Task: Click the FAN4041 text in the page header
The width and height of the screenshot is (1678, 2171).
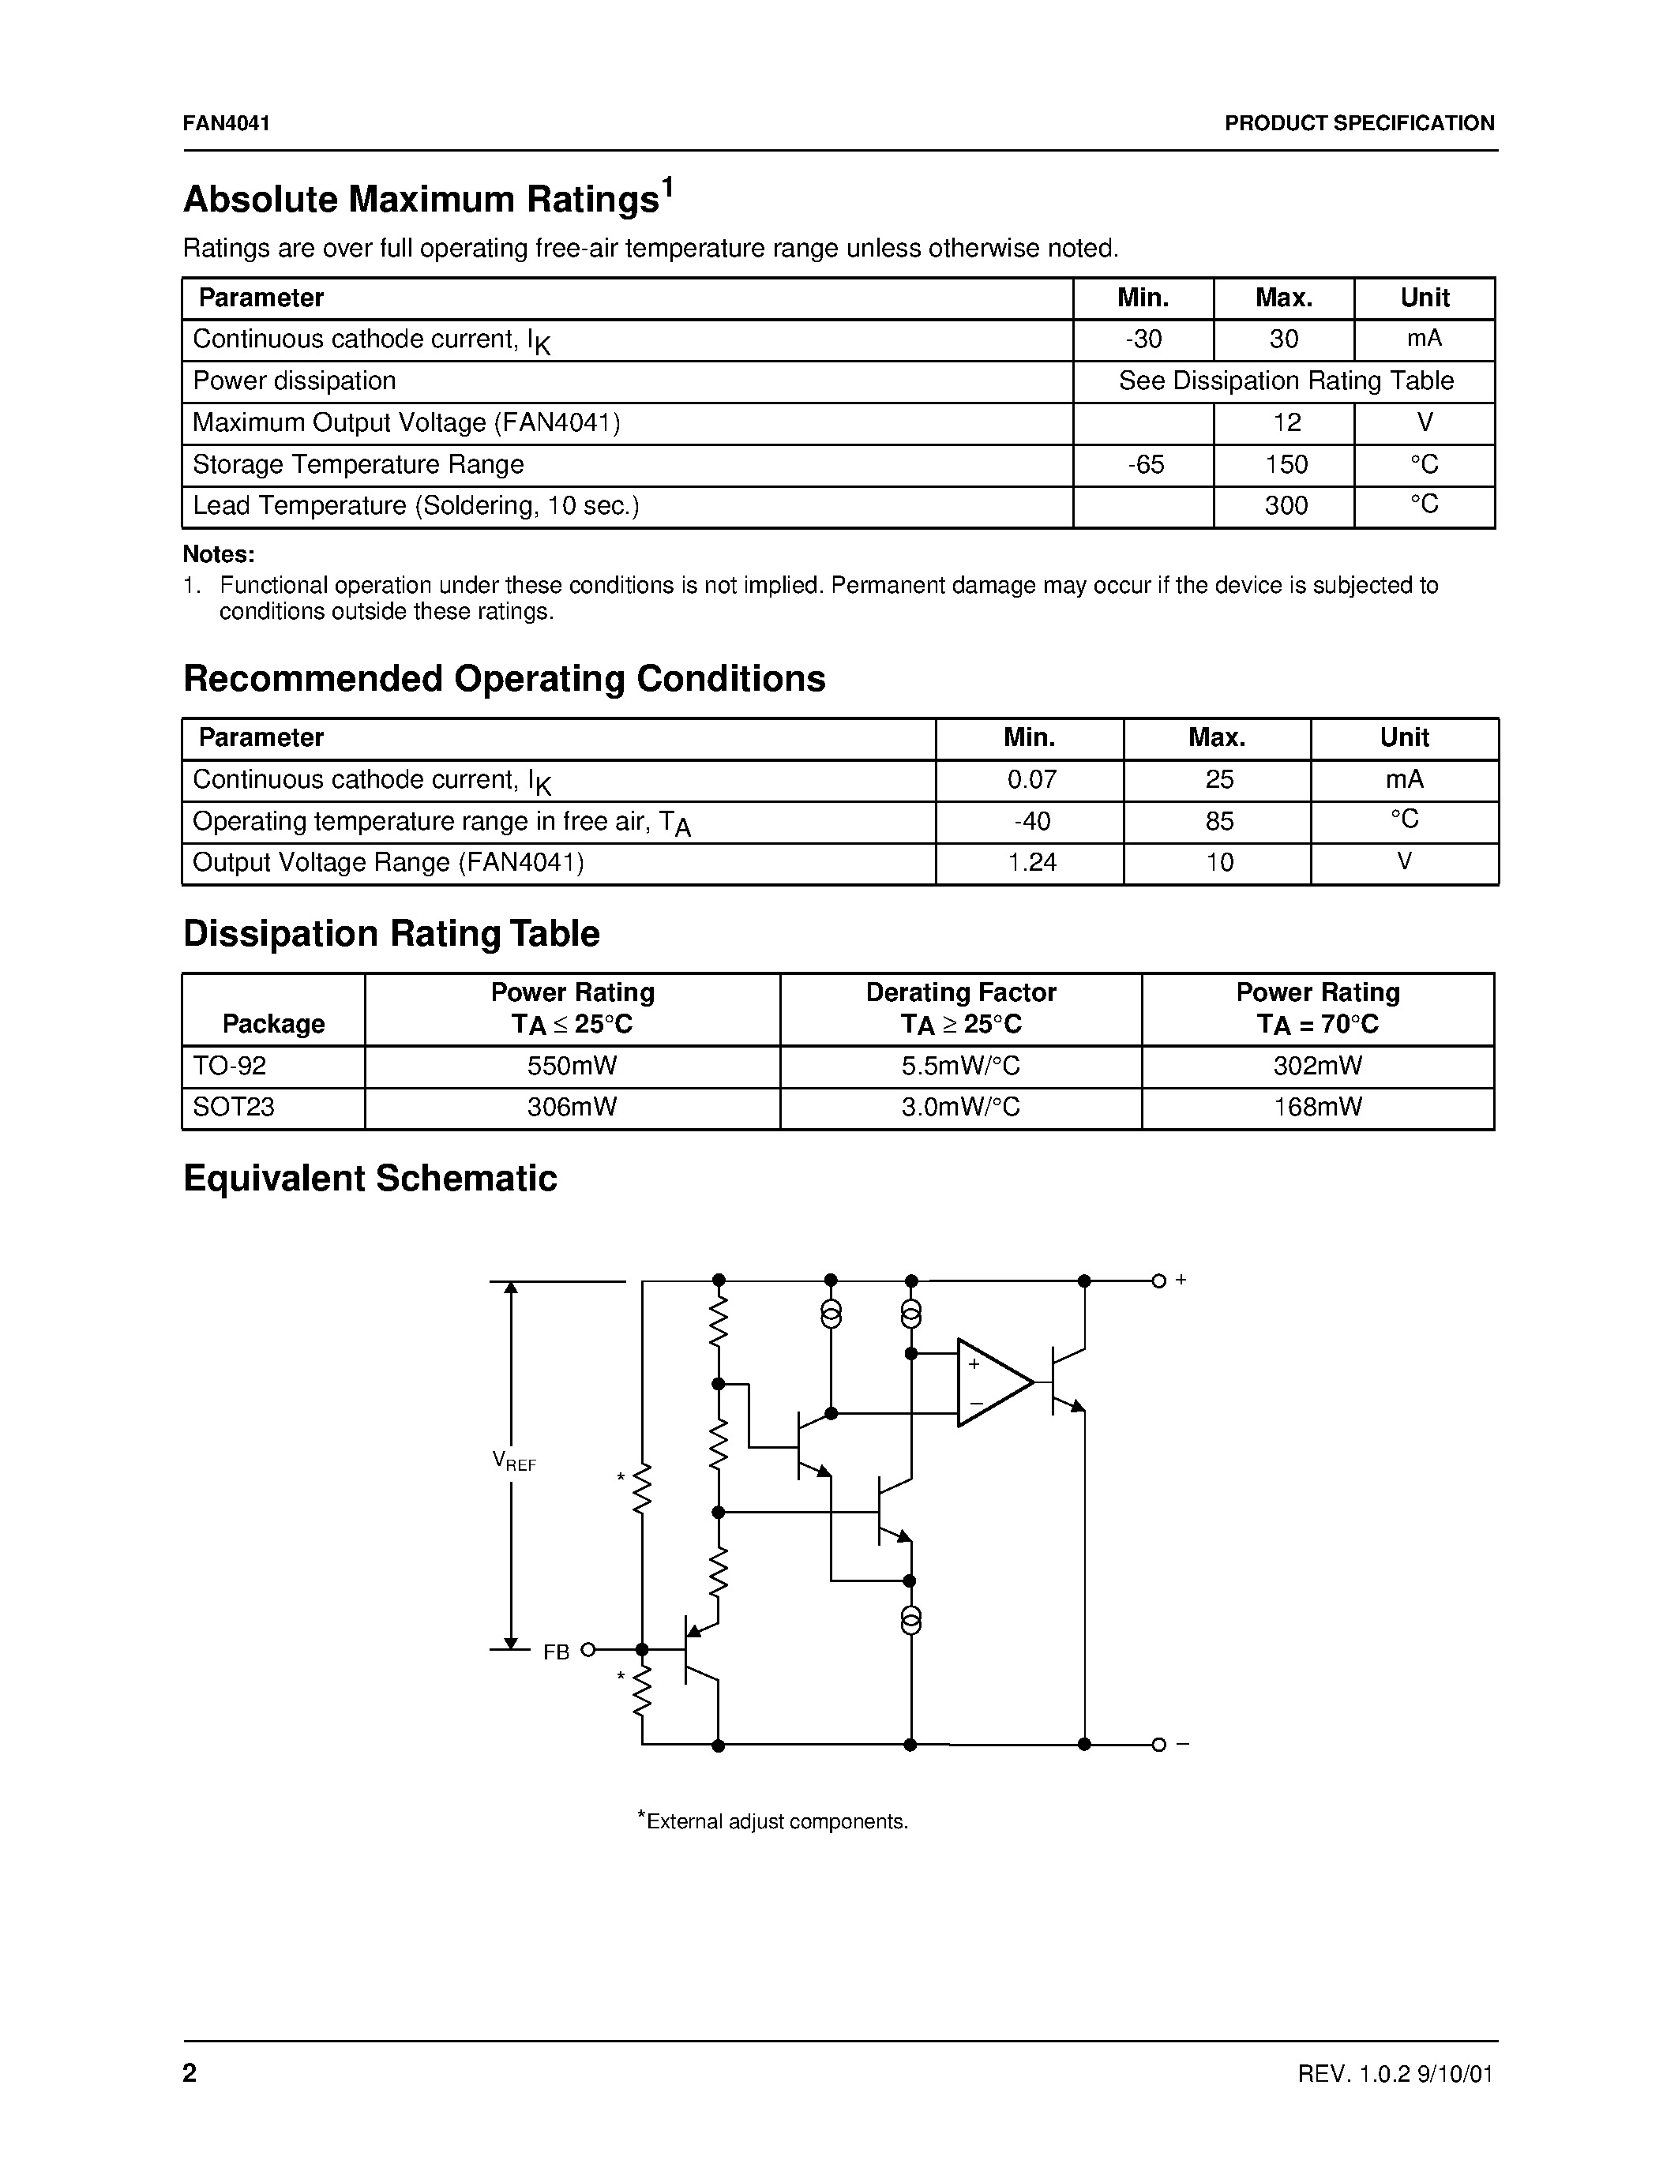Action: coord(227,123)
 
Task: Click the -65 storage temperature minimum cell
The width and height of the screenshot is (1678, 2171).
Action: coord(1144,464)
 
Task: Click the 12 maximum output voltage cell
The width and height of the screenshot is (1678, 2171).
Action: coord(1286,422)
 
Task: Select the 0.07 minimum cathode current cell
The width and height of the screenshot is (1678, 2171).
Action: coord(1030,779)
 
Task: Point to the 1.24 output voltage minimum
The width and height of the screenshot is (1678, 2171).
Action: coord(1030,862)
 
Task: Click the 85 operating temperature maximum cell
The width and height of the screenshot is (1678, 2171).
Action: coord(1218,821)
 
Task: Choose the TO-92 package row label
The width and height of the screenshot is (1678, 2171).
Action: coord(230,1066)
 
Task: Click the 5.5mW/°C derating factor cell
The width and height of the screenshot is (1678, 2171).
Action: coord(959,1066)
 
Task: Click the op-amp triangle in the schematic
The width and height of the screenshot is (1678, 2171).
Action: coord(989,1382)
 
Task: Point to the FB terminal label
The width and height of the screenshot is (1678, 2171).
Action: coord(557,1651)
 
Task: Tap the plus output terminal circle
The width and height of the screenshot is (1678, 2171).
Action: coord(1158,1280)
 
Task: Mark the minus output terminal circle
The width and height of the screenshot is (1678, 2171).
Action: coord(1158,1745)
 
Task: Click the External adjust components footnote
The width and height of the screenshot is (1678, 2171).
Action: coord(773,1821)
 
